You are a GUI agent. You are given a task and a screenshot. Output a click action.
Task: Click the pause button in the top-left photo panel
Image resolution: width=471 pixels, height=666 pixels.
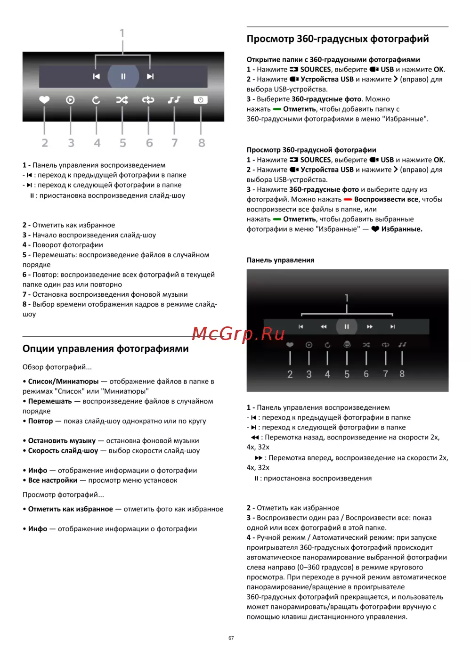click(123, 76)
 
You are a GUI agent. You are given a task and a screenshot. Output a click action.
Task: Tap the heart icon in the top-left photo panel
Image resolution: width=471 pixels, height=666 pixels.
click(44, 100)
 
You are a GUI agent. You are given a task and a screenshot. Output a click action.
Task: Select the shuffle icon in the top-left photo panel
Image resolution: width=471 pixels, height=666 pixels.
click(122, 100)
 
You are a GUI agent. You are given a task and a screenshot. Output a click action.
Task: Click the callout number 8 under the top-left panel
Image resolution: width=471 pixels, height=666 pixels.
click(202, 143)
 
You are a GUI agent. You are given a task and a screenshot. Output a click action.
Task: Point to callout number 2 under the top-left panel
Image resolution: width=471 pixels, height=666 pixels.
click(45, 143)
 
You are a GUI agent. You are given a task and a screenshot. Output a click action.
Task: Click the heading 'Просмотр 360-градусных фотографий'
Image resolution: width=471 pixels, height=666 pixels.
click(338, 39)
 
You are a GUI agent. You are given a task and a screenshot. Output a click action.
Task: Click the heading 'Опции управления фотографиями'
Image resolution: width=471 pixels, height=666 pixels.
click(106, 349)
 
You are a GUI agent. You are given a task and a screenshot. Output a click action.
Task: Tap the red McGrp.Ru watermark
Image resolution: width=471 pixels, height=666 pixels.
click(238, 333)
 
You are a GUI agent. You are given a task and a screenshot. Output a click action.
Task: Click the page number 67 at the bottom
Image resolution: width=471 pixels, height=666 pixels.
click(231, 638)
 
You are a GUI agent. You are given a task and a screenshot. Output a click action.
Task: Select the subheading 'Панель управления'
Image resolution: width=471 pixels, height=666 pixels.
click(280, 260)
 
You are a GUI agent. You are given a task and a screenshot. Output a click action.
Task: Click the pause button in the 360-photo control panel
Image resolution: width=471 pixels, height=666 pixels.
click(347, 326)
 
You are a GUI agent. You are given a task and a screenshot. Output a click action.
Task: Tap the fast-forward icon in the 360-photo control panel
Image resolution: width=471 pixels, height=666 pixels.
click(370, 326)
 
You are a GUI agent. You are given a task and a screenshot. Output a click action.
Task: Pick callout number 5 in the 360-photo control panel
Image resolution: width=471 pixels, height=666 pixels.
click(347, 374)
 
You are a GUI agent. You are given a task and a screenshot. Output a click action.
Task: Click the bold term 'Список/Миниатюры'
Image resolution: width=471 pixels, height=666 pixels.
click(64, 382)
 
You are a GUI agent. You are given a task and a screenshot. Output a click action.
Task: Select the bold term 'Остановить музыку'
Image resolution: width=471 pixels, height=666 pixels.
click(62, 441)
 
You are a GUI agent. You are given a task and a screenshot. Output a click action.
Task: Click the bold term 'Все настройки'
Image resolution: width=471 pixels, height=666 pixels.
click(53, 480)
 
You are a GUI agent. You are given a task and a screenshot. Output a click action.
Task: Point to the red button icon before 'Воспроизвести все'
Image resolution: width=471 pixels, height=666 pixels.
click(348, 200)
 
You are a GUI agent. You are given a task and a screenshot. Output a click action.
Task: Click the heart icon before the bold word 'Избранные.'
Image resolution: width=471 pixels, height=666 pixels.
click(375, 229)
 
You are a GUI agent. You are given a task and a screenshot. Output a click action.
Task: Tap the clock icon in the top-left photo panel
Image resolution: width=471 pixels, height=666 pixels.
click(201, 100)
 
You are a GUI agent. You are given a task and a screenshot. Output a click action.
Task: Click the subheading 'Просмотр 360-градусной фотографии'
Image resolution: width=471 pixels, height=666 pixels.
click(311, 150)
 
